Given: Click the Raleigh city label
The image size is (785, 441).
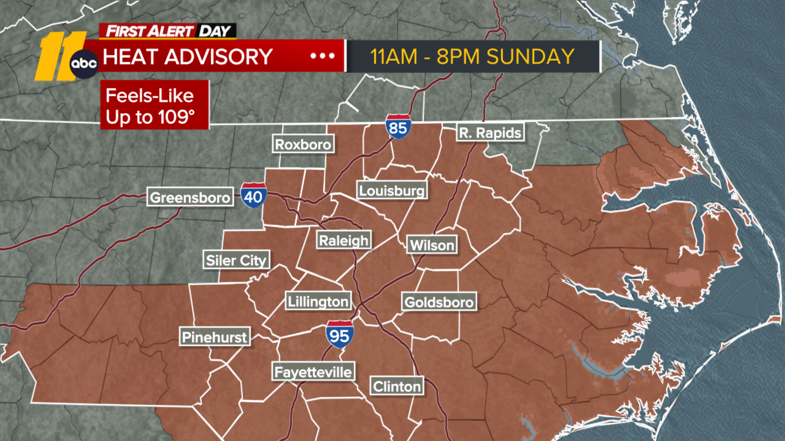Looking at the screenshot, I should click(344, 241).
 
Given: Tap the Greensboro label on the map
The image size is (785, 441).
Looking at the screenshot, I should click(190, 197).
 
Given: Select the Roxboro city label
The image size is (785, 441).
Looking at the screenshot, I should click(303, 144).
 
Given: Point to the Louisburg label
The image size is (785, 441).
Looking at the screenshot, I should click(392, 191).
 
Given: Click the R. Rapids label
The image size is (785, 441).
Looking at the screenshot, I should click(490, 133).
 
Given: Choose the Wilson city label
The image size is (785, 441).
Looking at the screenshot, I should click(432, 245).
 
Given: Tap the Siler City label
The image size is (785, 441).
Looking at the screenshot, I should click(236, 260).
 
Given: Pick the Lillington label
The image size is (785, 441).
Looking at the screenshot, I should click(318, 301).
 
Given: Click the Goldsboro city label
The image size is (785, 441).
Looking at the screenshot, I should click(439, 302).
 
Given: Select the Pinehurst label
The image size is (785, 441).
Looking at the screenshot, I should click(215, 337).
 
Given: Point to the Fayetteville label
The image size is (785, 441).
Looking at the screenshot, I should click(313, 372).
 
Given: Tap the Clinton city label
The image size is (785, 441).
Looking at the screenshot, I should click(397, 386).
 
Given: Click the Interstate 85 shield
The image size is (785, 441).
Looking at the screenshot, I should click(398, 127).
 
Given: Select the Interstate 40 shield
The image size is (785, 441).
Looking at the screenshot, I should click(253, 196).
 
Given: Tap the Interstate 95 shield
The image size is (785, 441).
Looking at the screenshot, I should click(339, 335).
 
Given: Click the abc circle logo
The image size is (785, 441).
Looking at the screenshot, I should click(84, 64).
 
